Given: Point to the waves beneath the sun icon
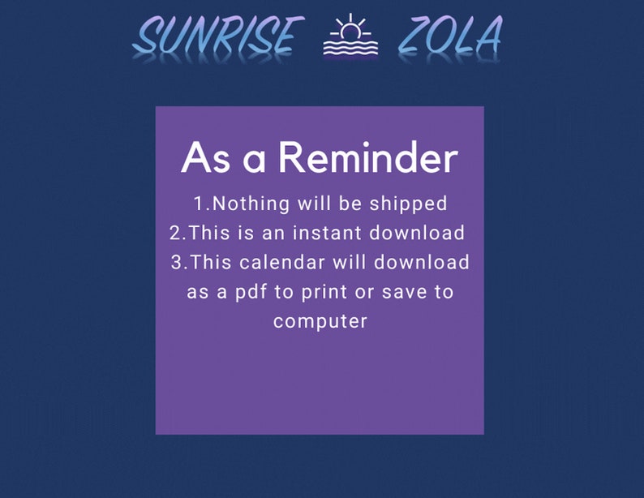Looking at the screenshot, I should pos(351,49).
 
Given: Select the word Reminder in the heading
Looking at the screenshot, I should pos(368,157).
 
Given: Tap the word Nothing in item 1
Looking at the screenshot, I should pos(252,203).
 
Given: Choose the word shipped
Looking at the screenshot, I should pos(409,203).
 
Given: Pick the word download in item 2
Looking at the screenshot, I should pos(417,233).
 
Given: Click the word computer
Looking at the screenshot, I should pos(320,322).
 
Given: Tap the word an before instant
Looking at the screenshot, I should pos(271,233).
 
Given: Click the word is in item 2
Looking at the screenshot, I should pos(243,233).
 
